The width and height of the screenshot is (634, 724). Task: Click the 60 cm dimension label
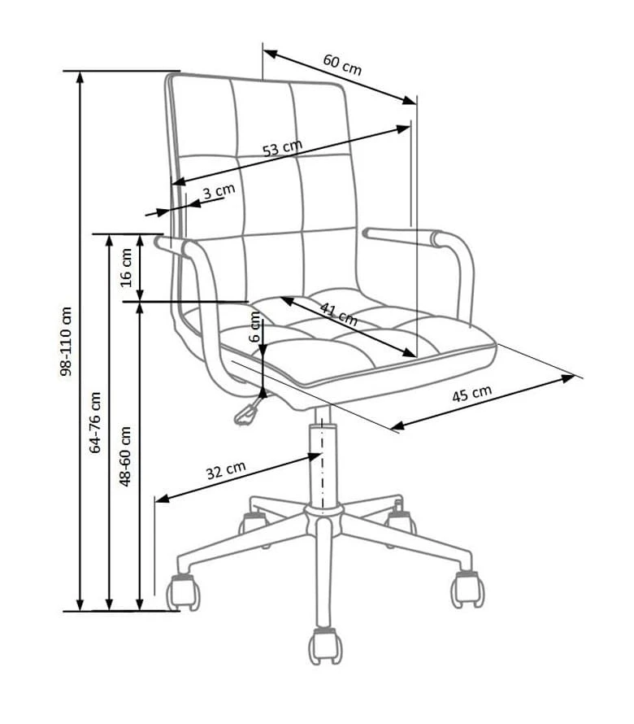click(342, 65)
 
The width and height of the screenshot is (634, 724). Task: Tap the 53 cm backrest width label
click(282, 148)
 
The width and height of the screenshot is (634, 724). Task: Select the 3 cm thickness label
click(219, 190)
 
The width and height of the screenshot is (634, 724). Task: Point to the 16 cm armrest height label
click(126, 268)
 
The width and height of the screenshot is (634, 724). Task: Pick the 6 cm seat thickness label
click(254, 326)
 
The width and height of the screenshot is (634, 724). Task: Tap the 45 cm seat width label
click(471, 394)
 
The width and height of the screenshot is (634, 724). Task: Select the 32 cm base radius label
click(226, 470)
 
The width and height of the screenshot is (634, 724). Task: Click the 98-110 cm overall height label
click(66, 341)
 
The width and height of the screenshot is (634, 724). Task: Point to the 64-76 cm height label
click(95, 422)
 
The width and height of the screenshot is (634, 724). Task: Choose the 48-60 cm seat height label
click(125, 456)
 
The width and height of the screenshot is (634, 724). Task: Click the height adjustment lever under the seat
click(246, 412)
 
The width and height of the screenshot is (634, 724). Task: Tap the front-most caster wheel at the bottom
click(325, 646)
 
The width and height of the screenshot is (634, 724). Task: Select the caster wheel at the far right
click(468, 588)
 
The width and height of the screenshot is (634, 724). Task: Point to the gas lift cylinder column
click(322, 462)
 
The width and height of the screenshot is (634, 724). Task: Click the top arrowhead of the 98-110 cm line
click(80, 77)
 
